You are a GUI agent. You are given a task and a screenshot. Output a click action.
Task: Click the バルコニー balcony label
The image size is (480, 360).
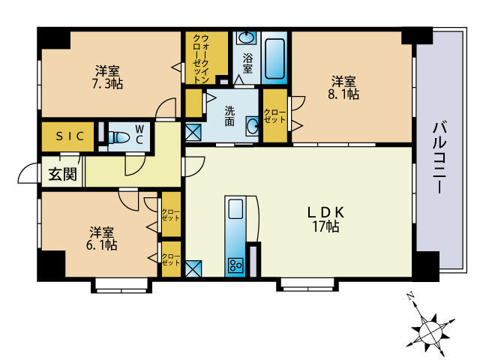pyautogui.click(x=439, y=158)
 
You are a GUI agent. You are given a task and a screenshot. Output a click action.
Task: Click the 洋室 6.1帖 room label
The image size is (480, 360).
pyautogui.click(x=102, y=238)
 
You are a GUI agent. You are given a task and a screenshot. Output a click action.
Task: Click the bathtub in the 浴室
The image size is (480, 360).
pyautogui.click(x=276, y=58)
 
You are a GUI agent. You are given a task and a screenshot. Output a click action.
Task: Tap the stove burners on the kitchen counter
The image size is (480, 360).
pyautogui.click(x=235, y=264)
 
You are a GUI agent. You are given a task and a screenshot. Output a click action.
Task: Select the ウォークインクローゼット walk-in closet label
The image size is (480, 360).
pyautogui.click(x=200, y=58)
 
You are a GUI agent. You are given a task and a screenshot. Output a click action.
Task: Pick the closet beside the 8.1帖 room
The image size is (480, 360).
pyautogui.click(x=274, y=115)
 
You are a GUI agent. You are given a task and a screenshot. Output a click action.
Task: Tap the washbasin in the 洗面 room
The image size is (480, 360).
pyautogui.click(x=252, y=127)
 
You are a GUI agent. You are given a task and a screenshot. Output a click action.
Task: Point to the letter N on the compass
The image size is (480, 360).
pyautogui.click(x=410, y=297)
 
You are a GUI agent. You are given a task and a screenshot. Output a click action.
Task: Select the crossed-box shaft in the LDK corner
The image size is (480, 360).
pyautogui.click(x=193, y=267)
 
